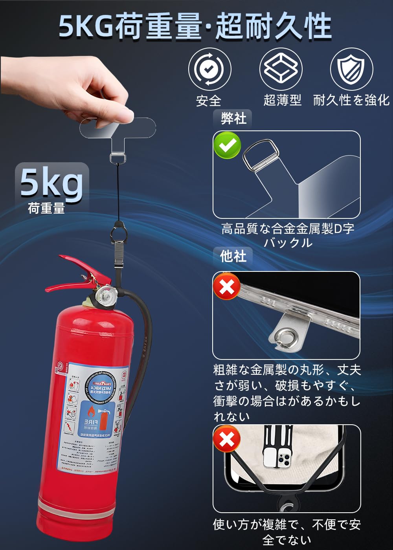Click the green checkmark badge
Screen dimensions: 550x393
(x=227, y=145)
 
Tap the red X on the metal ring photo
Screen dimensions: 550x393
(x=227, y=287)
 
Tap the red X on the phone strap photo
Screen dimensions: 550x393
(x=227, y=439)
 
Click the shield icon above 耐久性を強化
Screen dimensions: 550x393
(x=351, y=69)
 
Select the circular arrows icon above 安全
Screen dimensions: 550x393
(x=209, y=69)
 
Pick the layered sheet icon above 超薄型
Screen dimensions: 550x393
(x=281, y=69)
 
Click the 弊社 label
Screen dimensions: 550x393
(x=233, y=118)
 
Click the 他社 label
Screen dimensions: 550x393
(x=233, y=256)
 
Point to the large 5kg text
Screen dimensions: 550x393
(x=51, y=181)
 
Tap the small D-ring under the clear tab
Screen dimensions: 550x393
(x=118, y=158)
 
